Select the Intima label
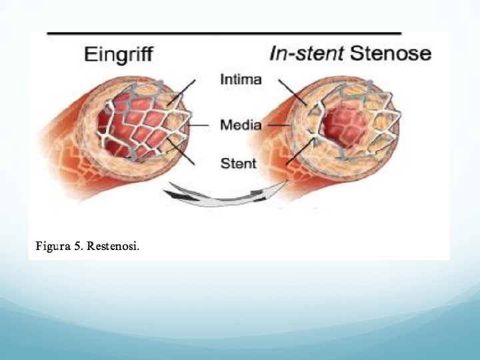coord(241,81)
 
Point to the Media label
coord(241,124)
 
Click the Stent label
coord(238,163)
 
